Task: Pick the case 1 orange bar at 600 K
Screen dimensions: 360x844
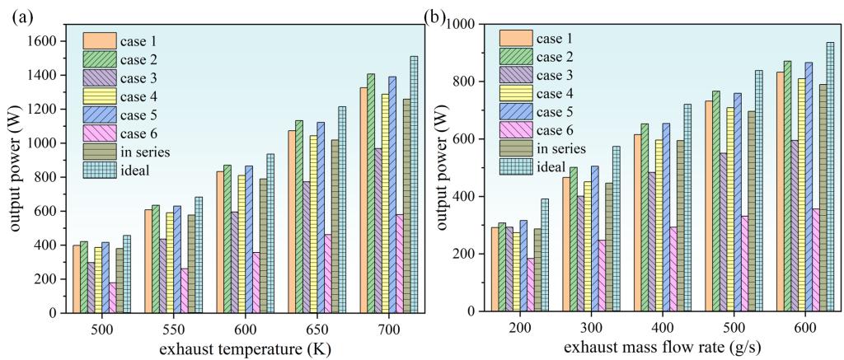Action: click(220, 242)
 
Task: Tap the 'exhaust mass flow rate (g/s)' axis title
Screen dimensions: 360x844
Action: click(649, 349)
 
